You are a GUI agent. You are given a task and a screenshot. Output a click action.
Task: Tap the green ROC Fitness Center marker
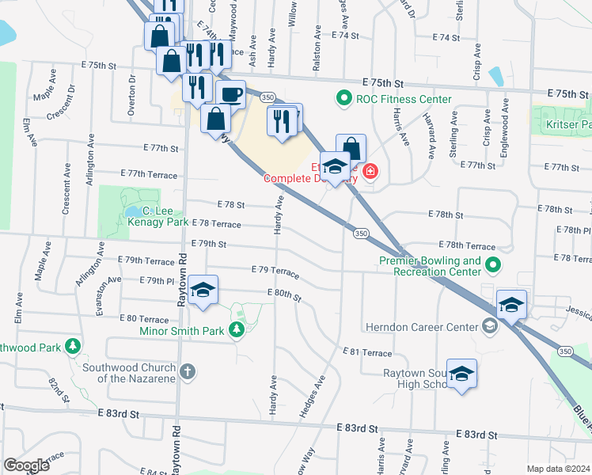[x=343, y=99]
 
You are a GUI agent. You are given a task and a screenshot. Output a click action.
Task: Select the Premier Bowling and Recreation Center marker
[x=493, y=266]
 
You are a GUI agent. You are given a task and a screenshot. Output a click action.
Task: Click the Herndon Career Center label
[x=422, y=326]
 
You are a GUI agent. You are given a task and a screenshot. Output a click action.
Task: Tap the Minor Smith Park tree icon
[x=236, y=329]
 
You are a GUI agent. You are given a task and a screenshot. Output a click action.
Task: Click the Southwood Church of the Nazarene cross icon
[x=188, y=370]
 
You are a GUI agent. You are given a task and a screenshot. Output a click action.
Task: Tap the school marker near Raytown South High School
[x=462, y=374]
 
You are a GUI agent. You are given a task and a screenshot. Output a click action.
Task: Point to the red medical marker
[x=370, y=172]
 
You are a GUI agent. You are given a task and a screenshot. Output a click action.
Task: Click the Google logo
[x=26, y=465]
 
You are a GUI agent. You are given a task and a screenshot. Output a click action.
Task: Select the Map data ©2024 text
[x=557, y=469]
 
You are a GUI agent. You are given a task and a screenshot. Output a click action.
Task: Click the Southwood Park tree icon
[x=73, y=346]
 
